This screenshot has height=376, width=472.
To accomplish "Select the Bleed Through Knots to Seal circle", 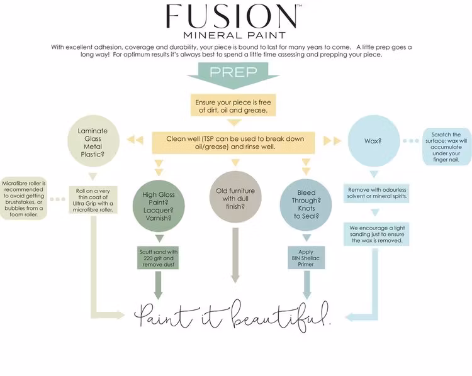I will (x=306, y=202).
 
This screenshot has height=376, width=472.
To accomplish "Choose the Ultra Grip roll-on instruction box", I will (x=93, y=201).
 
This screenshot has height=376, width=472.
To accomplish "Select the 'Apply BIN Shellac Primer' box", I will (x=306, y=257).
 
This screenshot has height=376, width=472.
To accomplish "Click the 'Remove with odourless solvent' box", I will (x=375, y=192).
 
